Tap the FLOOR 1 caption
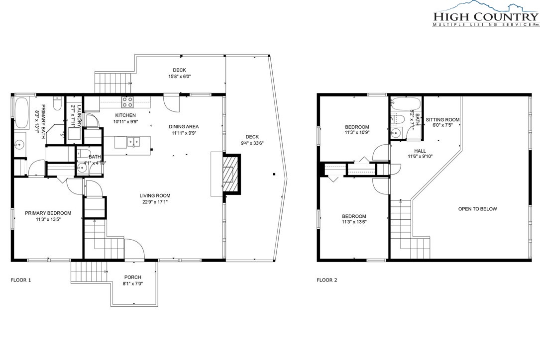point(21,280)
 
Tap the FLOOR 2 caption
point(327,280)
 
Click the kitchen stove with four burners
point(127,102)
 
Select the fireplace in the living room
point(230,175)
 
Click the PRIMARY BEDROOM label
point(48,213)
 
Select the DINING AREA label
point(185,126)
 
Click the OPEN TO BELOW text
point(477,209)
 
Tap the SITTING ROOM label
point(442,120)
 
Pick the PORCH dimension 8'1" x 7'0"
point(133,283)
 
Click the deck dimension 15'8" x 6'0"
point(179,77)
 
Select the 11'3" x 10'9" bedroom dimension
point(357,133)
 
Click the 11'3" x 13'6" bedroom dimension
point(354,223)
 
